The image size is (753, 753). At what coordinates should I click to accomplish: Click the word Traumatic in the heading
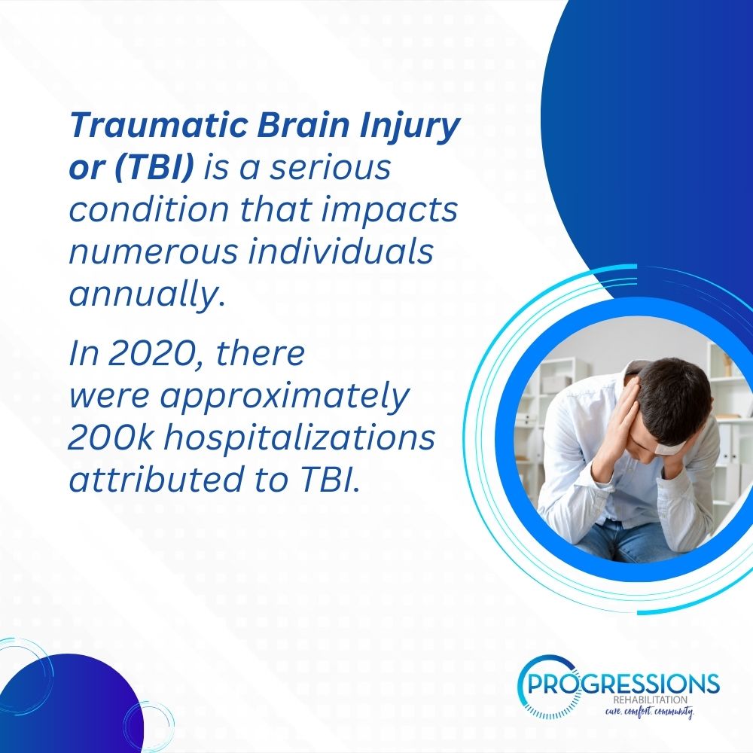[159, 125]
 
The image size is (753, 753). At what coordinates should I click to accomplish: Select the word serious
[330, 168]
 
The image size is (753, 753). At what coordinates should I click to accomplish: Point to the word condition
[149, 209]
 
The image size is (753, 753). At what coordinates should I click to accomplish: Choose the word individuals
[340, 251]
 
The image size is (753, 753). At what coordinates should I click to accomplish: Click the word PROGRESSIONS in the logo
[623, 684]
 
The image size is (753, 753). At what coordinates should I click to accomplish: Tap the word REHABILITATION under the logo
[650, 700]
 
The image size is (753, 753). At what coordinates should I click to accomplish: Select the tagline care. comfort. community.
[649, 712]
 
